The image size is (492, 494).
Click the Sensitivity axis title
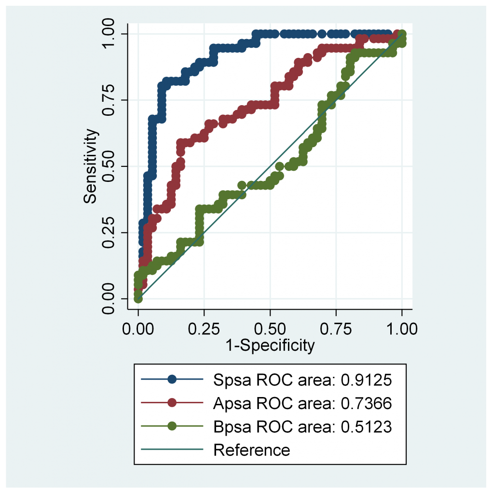click(92, 166)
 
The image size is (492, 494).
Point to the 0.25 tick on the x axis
click(204, 329)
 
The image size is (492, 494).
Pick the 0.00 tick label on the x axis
click(138, 329)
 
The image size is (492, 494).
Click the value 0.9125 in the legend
click(366, 380)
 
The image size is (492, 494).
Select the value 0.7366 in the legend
click(366, 403)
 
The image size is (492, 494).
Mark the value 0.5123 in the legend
click(366, 426)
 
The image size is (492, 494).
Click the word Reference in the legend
click(251, 450)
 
